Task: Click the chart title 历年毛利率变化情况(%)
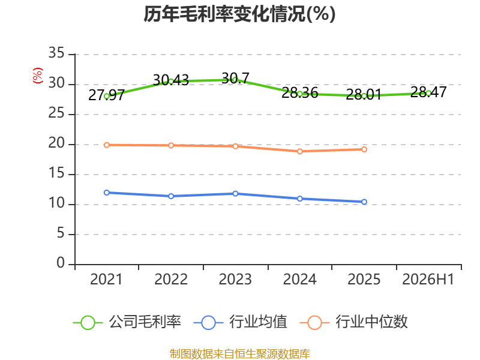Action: [x=239, y=14]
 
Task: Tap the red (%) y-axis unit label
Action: [x=38, y=76]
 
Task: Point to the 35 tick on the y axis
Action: [x=56, y=53]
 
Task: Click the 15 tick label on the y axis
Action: [x=56, y=173]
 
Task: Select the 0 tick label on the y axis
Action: [x=61, y=263]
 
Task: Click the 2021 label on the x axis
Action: [x=106, y=279]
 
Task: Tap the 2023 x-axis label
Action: [x=235, y=279]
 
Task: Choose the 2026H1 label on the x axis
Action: [x=428, y=279]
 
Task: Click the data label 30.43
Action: [x=171, y=80]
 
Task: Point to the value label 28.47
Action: [x=428, y=92]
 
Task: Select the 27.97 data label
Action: [x=106, y=95]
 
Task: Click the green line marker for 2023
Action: [x=235, y=80]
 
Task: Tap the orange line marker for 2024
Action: [x=299, y=151]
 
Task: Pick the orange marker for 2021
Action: [x=107, y=145]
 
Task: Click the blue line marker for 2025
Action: [x=364, y=202]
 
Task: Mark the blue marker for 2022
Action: [x=171, y=196]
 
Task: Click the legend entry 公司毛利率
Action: [x=127, y=322]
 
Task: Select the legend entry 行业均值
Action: [x=241, y=322]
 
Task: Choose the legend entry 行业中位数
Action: [x=353, y=322]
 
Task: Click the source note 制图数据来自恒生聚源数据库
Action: [x=239, y=354]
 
